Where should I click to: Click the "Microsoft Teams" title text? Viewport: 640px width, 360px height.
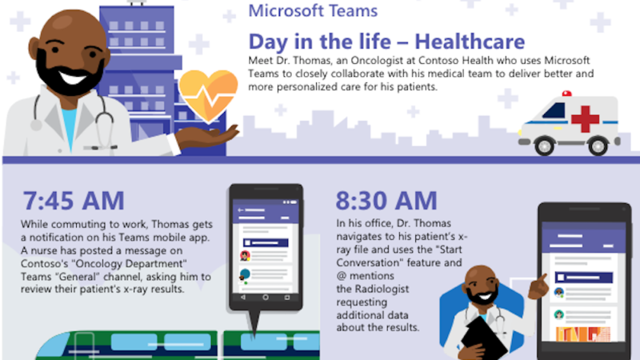tap(313, 10)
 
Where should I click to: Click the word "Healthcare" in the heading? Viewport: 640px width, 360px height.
tap(470, 42)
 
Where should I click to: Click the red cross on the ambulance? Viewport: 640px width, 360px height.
tap(585, 118)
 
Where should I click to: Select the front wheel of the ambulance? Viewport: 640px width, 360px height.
tap(544, 146)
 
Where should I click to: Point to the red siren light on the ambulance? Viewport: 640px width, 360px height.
tap(566, 94)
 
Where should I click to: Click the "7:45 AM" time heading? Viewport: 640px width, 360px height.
tap(74, 201)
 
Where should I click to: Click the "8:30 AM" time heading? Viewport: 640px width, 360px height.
tap(386, 201)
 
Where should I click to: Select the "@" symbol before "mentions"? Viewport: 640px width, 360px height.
tap(342, 276)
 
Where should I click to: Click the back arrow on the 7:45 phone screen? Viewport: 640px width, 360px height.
tap(241, 210)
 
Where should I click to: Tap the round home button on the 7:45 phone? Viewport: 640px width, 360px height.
tap(266, 298)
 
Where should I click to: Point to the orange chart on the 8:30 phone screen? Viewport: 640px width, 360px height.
tap(583, 334)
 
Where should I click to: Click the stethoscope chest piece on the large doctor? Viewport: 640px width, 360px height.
tap(36, 125)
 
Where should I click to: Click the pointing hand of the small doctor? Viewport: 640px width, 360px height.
tap(538, 286)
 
